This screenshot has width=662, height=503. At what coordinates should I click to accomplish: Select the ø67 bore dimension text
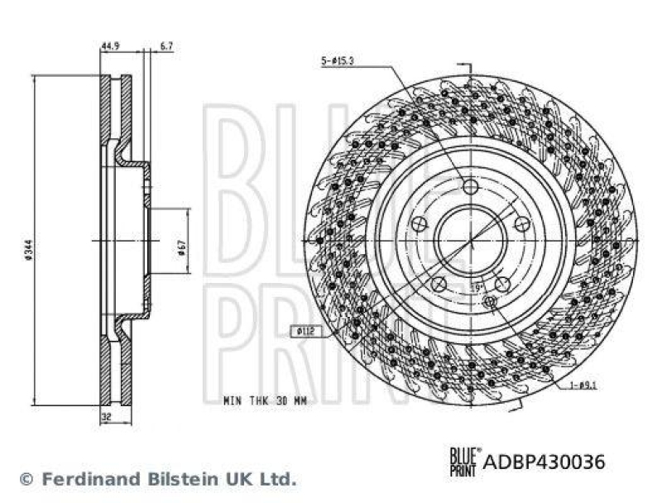(180, 248)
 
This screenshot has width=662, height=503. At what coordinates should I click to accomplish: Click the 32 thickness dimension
(105, 419)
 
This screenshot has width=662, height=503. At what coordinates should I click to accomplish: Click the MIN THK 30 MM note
(265, 400)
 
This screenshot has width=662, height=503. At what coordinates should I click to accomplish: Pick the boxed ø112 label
(305, 333)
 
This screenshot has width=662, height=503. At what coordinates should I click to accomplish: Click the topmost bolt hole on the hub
(471, 187)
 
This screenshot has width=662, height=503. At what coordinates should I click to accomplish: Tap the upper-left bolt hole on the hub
(420, 223)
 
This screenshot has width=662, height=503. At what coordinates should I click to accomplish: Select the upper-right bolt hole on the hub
(521, 223)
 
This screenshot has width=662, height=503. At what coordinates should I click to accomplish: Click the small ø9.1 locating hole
(489, 302)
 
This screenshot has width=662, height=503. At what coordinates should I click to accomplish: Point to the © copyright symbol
(26, 478)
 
